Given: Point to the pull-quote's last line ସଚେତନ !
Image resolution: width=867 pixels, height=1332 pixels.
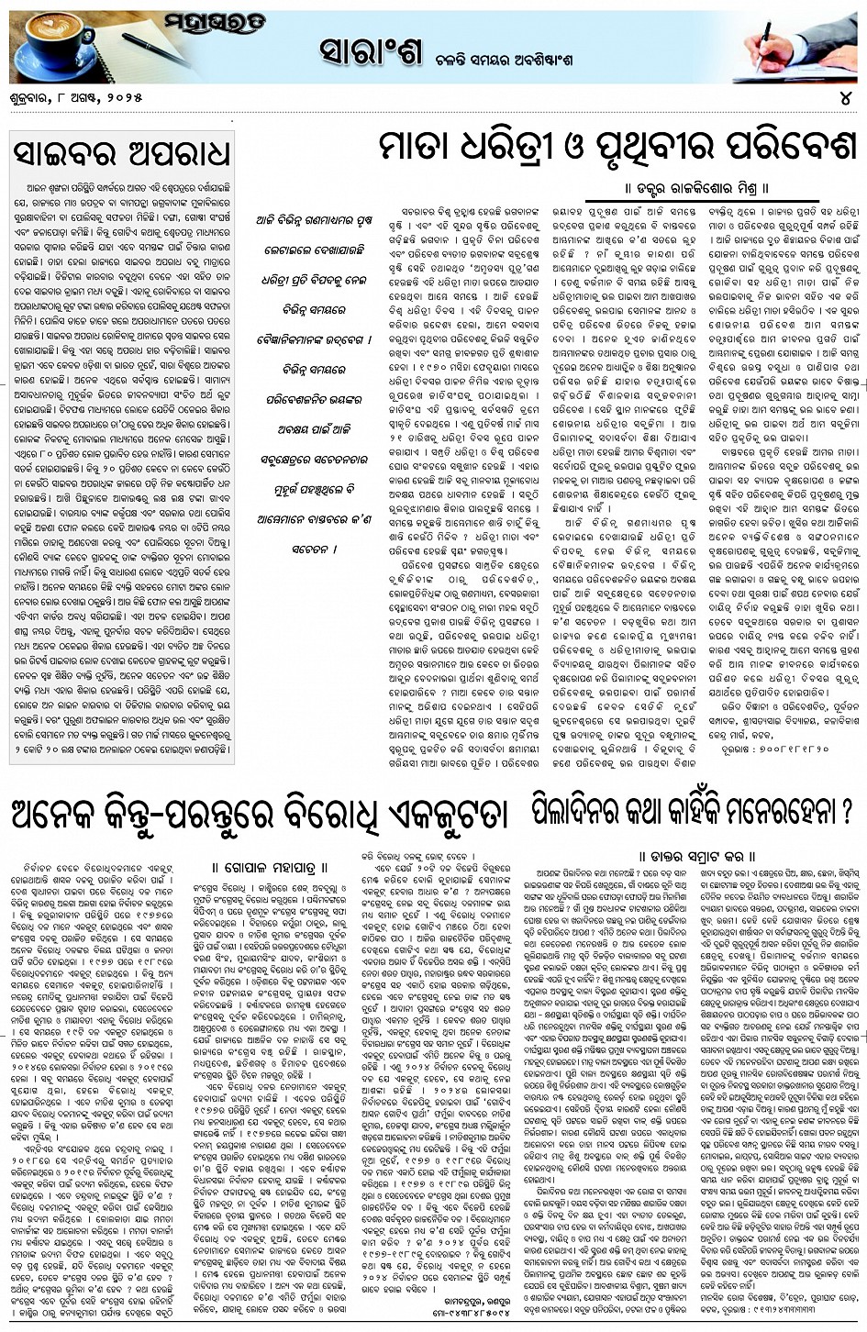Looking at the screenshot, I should click(x=301, y=550).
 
